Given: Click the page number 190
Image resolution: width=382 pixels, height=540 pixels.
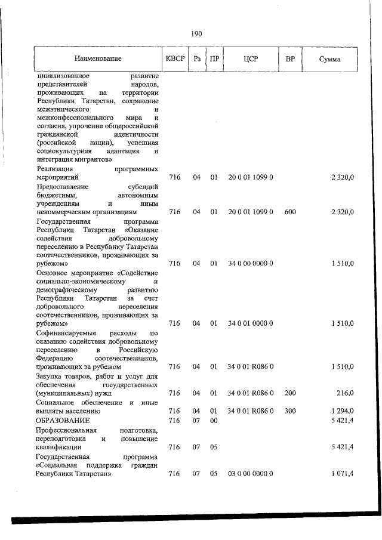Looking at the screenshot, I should (196, 33).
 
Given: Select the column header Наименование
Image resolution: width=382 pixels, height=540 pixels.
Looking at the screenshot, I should (98, 59).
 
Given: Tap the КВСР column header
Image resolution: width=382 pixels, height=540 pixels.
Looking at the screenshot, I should (174, 59).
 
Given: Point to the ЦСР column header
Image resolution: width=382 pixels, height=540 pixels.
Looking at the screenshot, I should (251, 59).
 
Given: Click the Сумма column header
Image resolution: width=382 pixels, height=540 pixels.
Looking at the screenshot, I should (329, 59).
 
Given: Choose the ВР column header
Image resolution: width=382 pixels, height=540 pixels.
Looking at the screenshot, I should (290, 59).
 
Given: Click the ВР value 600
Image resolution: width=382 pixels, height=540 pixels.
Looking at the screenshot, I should (290, 212).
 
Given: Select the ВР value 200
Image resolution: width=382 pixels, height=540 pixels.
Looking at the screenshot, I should (290, 393).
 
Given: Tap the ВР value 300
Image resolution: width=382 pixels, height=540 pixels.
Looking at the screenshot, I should (290, 411).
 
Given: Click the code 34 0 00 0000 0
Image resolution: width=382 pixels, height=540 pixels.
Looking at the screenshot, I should (250, 263).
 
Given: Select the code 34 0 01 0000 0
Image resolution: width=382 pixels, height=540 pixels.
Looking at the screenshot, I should (250, 323).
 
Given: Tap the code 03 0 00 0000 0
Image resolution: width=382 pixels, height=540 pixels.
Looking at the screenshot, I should (250, 473).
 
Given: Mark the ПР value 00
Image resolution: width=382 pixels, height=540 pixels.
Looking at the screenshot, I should (213, 421).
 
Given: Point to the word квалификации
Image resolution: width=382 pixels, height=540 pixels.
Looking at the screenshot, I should (59, 446).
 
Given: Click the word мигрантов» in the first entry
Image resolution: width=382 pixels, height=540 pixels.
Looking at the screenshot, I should (91, 160).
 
